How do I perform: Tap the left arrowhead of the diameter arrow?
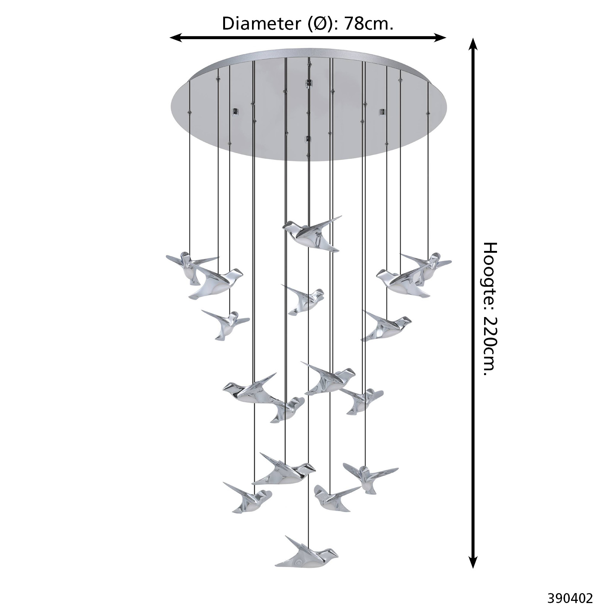click(x=176, y=37)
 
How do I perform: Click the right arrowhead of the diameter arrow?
click(x=440, y=37)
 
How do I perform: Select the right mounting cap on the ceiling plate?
click(x=382, y=112)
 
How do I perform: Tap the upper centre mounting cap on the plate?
click(x=308, y=83)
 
